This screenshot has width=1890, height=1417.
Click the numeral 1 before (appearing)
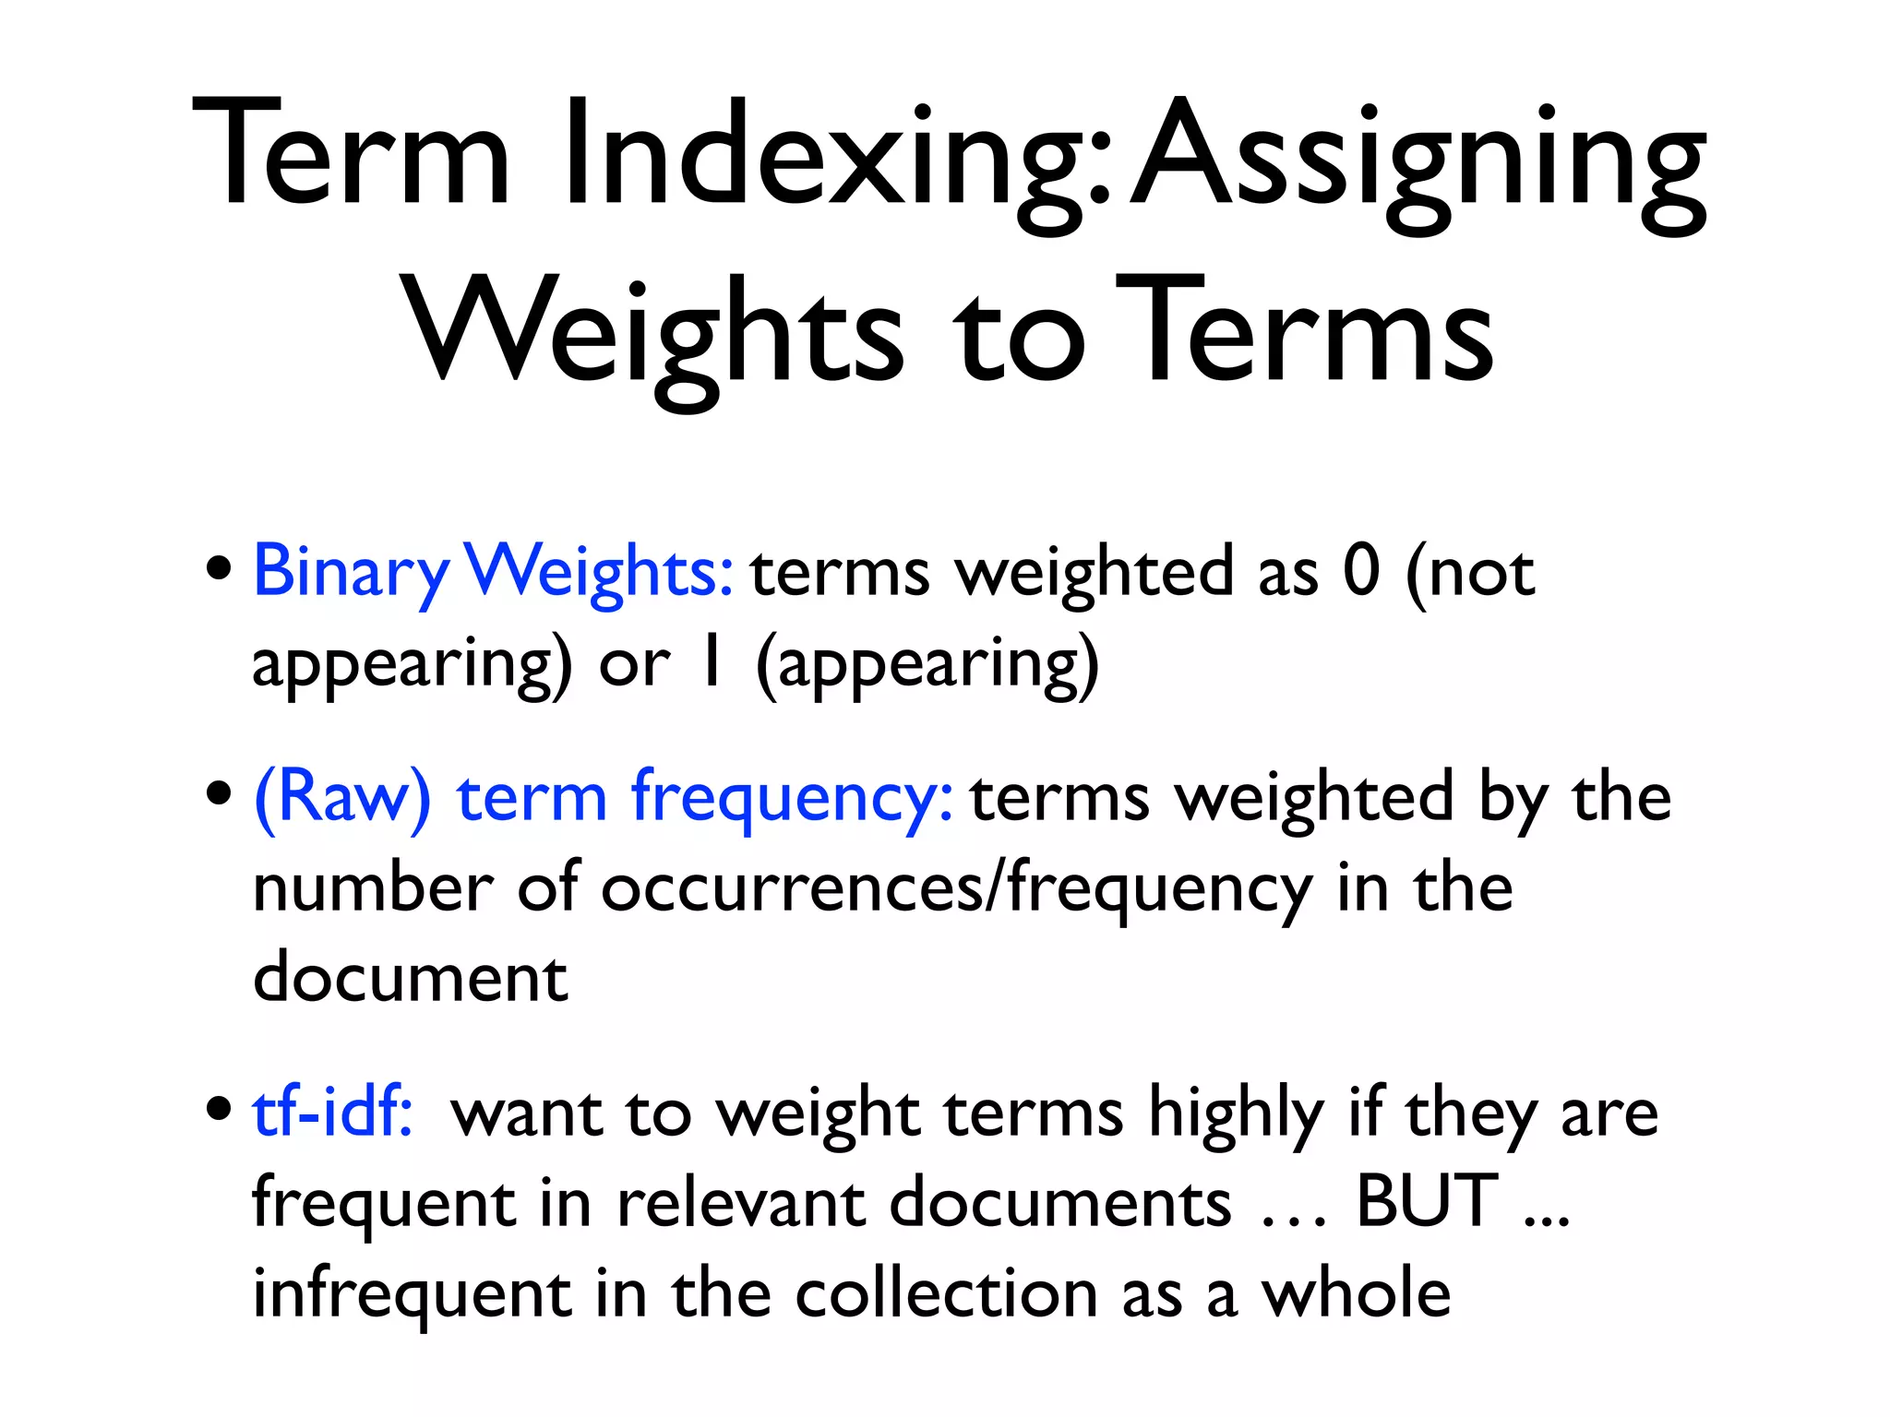pyautogui.click(x=711, y=661)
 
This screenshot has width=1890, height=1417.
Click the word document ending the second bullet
pyautogui.click(x=410, y=976)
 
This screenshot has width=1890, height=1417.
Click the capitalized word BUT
pyautogui.click(x=1427, y=1201)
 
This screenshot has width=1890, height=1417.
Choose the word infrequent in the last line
pyautogui.click(x=412, y=1294)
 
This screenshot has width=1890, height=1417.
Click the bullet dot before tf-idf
pyautogui.click(x=219, y=1108)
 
